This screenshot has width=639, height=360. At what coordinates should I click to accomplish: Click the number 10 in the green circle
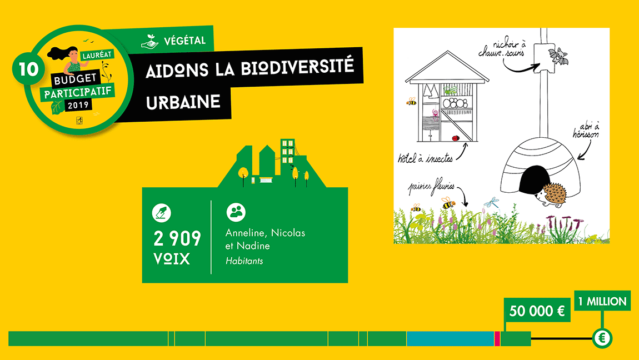click(x=28, y=69)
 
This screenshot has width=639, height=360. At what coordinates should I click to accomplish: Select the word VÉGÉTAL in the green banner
click(x=184, y=41)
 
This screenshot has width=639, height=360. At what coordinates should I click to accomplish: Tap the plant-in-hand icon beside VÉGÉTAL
click(x=149, y=42)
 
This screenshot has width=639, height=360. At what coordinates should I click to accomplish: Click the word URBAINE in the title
click(x=183, y=102)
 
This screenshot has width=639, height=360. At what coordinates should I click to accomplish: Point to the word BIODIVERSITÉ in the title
click(x=297, y=67)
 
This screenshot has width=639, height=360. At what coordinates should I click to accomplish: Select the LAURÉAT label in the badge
click(x=97, y=55)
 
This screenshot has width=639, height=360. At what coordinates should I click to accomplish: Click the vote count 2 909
click(x=177, y=239)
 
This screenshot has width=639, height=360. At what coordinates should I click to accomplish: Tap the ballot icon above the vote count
click(x=161, y=213)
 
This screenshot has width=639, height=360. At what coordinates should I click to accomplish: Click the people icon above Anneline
click(x=236, y=212)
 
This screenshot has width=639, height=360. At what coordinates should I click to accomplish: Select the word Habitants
click(x=244, y=261)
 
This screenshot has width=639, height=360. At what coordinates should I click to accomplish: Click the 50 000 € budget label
click(x=537, y=311)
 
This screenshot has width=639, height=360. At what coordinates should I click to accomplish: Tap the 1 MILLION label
click(x=602, y=301)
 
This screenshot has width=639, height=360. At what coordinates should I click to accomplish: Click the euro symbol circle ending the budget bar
click(x=602, y=338)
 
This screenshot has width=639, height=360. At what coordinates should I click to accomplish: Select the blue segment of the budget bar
click(x=450, y=339)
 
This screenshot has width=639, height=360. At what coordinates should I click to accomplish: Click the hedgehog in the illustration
click(x=551, y=194)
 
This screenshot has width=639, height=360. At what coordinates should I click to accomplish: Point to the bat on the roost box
click(x=558, y=56)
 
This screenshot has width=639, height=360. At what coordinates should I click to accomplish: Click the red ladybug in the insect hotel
click(x=455, y=138)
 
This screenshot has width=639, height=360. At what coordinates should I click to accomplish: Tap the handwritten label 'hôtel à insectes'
click(x=426, y=158)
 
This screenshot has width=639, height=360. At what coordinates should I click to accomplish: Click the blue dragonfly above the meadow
click(x=492, y=202)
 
